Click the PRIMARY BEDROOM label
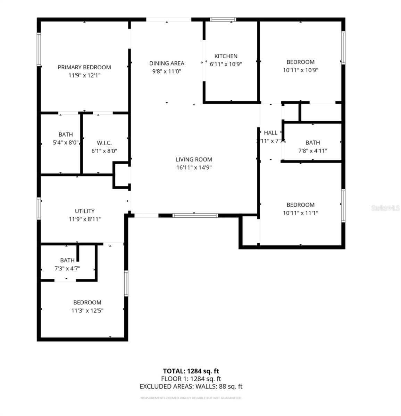[84, 67]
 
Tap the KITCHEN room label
[226, 56]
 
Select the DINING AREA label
[167, 63]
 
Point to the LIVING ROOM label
[194, 159]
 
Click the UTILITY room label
[85, 211]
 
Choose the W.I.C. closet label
[104, 143]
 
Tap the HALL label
[270, 133]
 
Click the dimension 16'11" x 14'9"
[194, 167]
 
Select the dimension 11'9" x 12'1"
[84, 75]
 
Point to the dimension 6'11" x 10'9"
[226, 64]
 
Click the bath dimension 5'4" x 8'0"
[65, 142]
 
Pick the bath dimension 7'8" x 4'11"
[312, 151]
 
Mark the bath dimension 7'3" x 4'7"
[67, 268]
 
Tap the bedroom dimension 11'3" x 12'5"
[87, 311]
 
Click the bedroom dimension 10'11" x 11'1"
[300, 213]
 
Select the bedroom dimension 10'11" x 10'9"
[300, 70]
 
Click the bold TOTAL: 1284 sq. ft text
[191, 371]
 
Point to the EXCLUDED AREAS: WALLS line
[191, 387]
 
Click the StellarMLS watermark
[385, 208]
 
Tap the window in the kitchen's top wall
[223, 20]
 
